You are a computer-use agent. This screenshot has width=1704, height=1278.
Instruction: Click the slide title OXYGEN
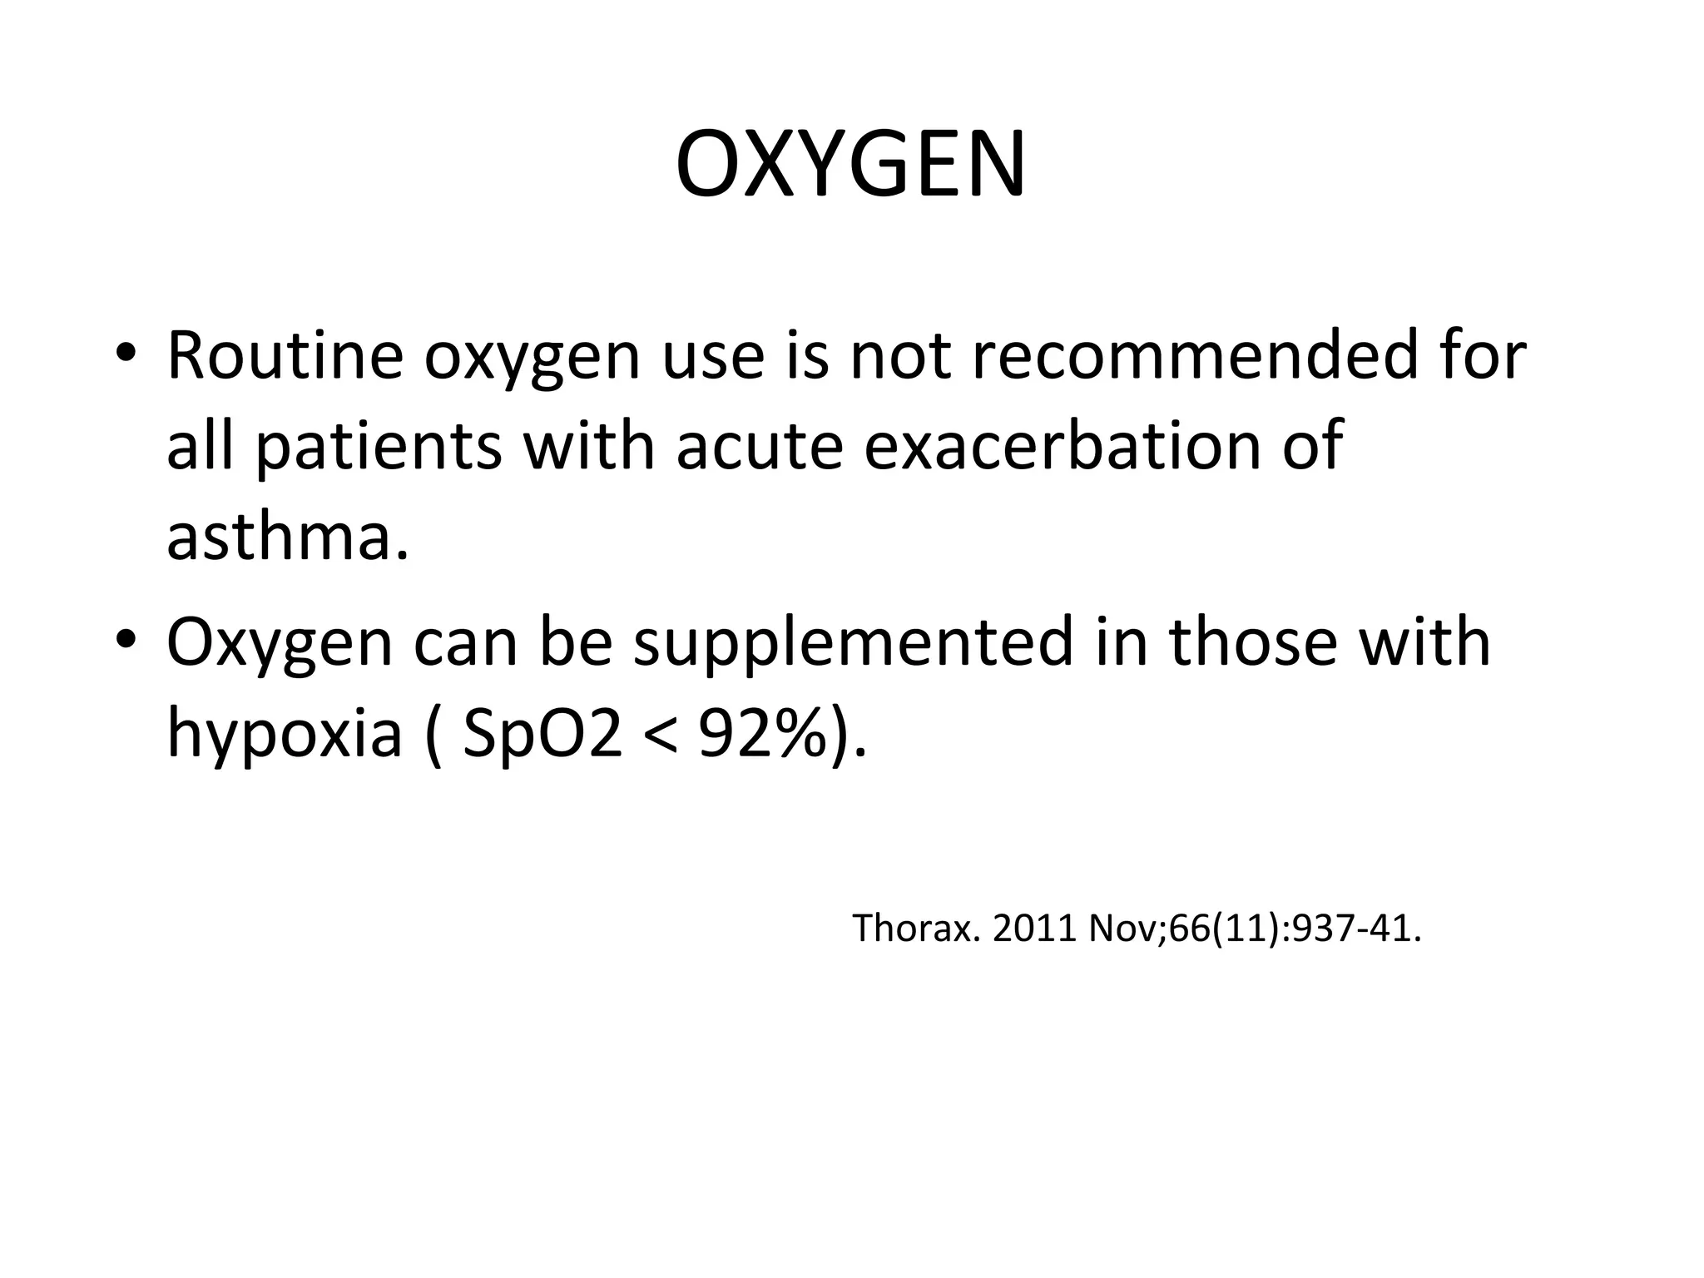850,165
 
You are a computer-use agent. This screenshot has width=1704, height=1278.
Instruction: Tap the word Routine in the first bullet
285,356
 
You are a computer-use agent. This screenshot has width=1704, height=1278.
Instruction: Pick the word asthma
287,537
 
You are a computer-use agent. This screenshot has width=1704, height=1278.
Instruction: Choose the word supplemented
853,642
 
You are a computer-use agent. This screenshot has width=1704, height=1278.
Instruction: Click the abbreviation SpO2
542,734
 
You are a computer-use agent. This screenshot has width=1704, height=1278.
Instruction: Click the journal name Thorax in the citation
913,929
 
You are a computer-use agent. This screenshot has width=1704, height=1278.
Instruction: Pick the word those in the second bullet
1253,642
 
